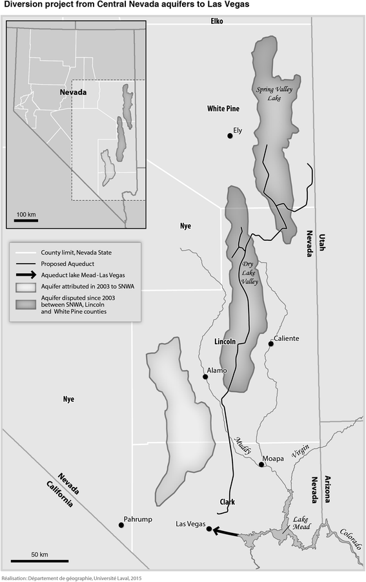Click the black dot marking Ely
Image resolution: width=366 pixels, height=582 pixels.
pyautogui.click(x=230, y=135)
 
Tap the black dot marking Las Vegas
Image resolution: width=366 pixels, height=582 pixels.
pyautogui.click(x=208, y=529)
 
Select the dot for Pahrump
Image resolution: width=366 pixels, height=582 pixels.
pyautogui.click(x=121, y=525)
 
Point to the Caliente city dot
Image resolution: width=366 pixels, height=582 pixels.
pyautogui.click(x=271, y=344)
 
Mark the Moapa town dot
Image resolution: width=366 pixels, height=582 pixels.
pyautogui.click(x=261, y=464)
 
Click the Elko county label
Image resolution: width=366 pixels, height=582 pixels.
pyautogui.click(x=216, y=21)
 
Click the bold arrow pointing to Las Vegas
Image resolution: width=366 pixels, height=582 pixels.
pyautogui.click(x=226, y=532)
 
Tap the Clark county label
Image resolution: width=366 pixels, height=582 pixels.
pyautogui.click(x=226, y=501)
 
